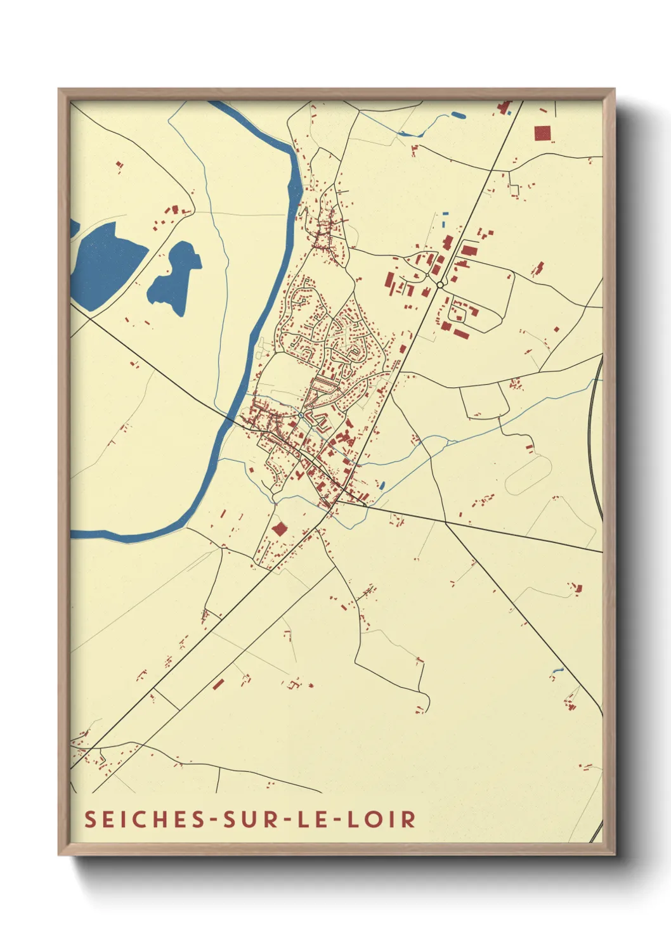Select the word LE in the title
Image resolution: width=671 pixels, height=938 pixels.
[x=314, y=819]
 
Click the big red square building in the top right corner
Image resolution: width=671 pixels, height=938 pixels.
[x=542, y=133]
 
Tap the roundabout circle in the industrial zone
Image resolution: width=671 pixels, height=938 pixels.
[x=440, y=285]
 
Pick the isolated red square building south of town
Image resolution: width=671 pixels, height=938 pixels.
[x=278, y=529]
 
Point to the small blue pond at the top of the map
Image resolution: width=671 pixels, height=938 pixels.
[x=457, y=115]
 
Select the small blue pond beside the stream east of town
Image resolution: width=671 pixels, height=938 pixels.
[x=381, y=486]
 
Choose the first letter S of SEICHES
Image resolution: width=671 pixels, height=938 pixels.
[x=90, y=819]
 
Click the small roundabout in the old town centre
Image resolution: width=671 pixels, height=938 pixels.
[x=300, y=415]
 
